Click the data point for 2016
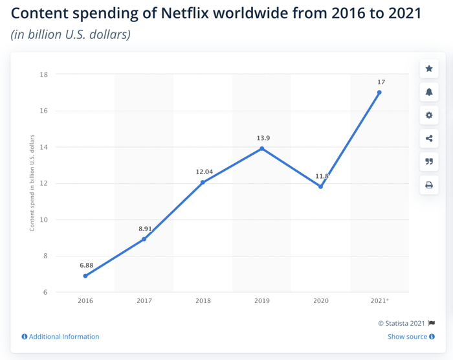pyautogui.click(x=85, y=276)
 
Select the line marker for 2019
pyautogui.click(x=261, y=148)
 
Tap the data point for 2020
pyautogui.click(x=320, y=186)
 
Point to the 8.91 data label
pyautogui.click(x=144, y=229)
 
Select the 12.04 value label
pyautogui.click(x=203, y=172)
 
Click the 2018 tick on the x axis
pyautogui.click(x=203, y=300)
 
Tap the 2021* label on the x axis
pyautogui.click(x=379, y=300)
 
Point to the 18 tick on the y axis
pyautogui.click(x=44, y=74)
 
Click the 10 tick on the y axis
pyautogui.click(x=44, y=219)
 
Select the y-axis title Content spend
pyautogui.click(x=32, y=183)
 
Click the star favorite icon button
pyautogui.click(x=428, y=69)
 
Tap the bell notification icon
pyautogui.click(x=428, y=92)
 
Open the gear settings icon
pyautogui.click(x=428, y=115)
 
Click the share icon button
pyautogui.click(x=428, y=139)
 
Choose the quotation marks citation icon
pyautogui.click(x=428, y=162)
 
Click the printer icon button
pyautogui.click(x=428, y=185)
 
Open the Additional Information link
pyautogui.click(x=63, y=337)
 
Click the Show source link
pyautogui.click(x=407, y=337)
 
